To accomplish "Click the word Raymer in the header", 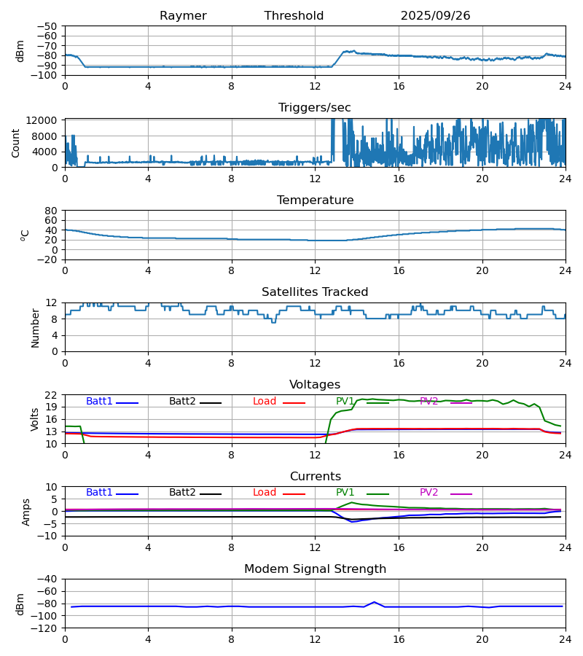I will (x=183, y=16).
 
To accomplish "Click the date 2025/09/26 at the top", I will (x=435, y=16).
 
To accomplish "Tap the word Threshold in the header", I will (x=294, y=16).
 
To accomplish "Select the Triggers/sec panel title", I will (x=315, y=108).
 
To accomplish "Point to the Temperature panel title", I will (x=315, y=200).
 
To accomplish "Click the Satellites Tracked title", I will (x=315, y=292).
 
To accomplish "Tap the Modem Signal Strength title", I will (x=315, y=569).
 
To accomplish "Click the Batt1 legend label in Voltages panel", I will (x=99, y=402).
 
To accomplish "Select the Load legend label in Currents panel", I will (x=265, y=493).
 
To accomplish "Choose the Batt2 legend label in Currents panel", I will (x=182, y=493).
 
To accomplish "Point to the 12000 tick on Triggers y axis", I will (x=44, y=120).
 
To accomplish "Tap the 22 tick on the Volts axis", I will (x=52, y=395).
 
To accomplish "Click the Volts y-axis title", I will (x=34, y=419).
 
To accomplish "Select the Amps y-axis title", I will (x=26, y=512).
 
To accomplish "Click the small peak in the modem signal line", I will (x=375, y=602).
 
